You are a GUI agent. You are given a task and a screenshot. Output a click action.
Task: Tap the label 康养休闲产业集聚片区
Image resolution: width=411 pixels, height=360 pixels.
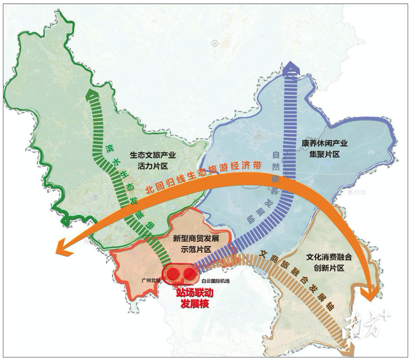(324, 149)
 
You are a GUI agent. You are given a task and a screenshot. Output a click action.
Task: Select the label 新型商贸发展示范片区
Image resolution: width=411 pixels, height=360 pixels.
(196, 244)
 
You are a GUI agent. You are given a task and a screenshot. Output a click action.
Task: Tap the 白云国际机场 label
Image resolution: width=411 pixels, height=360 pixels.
(216, 281)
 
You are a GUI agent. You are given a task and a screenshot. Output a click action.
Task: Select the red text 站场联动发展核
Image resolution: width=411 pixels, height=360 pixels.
(195, 298)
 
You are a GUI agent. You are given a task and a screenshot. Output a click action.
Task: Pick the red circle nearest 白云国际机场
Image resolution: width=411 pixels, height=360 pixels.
(189, 274)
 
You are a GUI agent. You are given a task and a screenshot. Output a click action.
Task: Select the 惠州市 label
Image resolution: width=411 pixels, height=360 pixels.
(356, 192)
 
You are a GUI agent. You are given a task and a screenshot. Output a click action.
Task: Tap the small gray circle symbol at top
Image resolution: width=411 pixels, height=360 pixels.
(215, 43)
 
